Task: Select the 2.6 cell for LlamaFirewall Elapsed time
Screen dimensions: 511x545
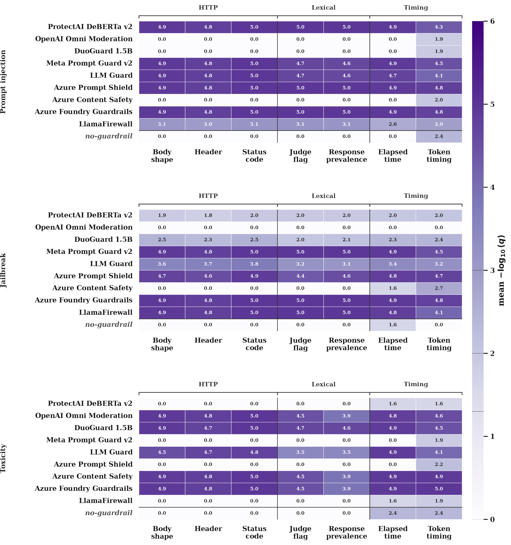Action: point(393,124)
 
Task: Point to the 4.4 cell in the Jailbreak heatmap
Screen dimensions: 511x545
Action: point(300,276)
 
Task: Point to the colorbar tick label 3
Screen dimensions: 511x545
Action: point(492,271)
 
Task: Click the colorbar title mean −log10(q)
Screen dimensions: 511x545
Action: point(501,270)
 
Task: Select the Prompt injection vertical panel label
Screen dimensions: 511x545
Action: point(3,82)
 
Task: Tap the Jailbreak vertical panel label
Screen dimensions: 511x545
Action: point(3,270)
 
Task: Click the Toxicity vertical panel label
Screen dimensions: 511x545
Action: point(3,459)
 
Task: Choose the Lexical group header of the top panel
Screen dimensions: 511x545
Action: point(323,8)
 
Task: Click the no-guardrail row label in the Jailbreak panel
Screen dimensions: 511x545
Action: point(109,325)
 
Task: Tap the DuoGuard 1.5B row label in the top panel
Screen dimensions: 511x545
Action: point(103,51)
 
